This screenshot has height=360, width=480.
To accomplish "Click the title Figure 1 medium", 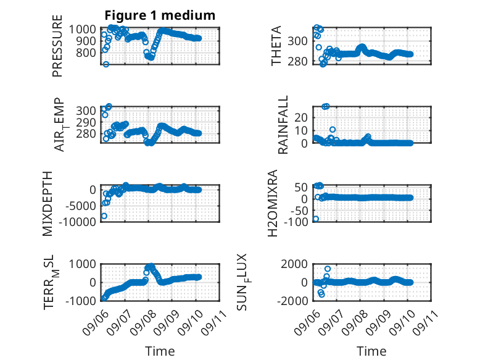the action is point(160,15).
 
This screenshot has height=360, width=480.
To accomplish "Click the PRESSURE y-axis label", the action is point(57,46).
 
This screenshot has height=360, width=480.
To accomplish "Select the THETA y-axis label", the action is point(276,46).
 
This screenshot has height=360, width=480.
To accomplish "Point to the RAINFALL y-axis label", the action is point(283,124).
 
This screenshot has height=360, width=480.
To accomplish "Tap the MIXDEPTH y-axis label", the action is point(48,204).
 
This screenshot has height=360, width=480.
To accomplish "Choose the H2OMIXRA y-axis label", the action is point(273,203).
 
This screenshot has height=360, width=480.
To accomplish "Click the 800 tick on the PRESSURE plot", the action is point(86,52).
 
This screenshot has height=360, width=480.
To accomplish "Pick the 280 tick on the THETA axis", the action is point(297,62).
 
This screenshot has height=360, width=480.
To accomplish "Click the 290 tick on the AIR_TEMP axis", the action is point(86,122).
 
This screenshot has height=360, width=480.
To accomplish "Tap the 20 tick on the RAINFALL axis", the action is point(301,117).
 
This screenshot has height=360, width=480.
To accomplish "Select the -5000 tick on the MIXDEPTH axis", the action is point(81,206).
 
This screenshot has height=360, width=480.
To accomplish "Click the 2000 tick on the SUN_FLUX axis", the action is point(294,264).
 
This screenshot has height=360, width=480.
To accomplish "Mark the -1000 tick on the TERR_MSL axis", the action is point(81,301).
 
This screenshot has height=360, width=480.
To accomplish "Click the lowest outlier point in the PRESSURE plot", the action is point(106,64).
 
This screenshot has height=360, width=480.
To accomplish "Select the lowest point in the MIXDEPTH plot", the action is point(104,216).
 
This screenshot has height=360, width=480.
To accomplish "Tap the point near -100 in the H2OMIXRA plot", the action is point(316,219).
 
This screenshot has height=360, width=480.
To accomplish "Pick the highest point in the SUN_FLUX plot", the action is point(328,269).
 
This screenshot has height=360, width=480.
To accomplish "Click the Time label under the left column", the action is point(160,351).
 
